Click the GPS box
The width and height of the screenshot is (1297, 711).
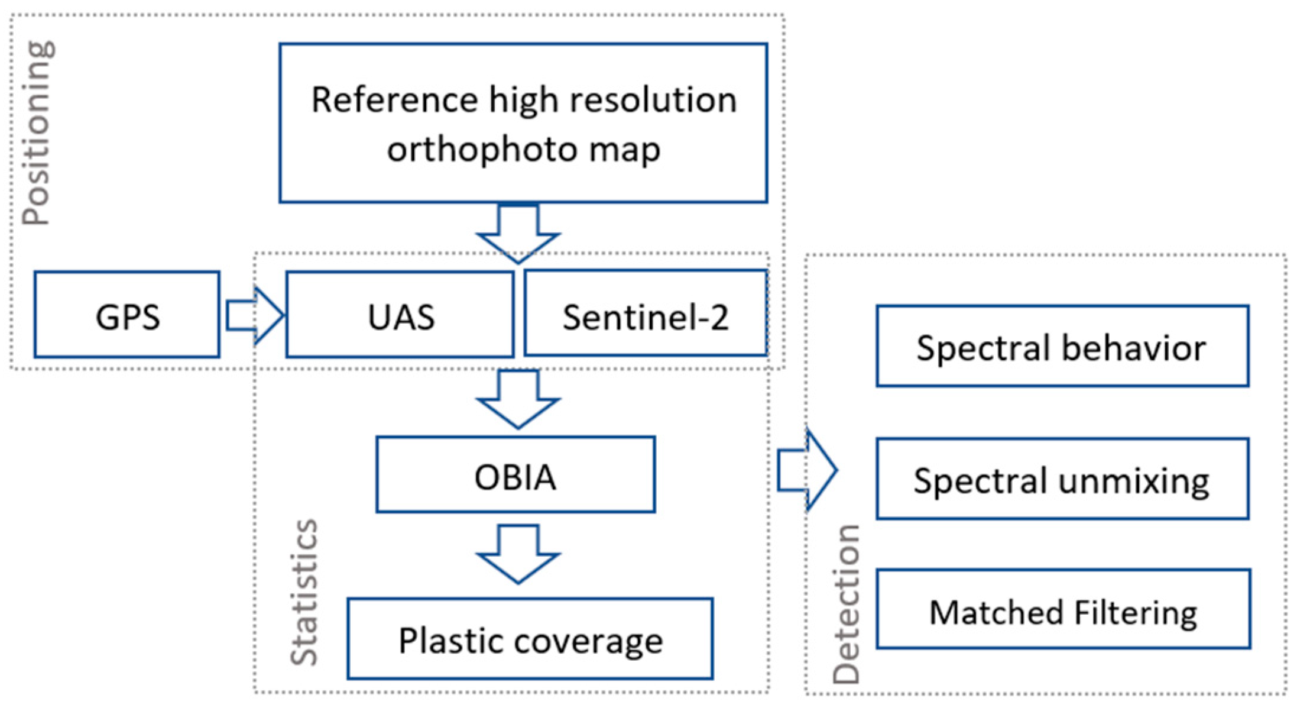(127, 315)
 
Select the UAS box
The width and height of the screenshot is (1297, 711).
(400, 315)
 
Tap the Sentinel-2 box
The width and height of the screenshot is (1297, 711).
(646, 314)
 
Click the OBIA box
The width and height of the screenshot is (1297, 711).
(515, 474)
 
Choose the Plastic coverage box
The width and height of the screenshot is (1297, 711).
(530, 639)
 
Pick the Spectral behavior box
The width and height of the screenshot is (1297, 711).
(1062, 346)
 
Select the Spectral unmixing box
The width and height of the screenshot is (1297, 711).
(1062, 479)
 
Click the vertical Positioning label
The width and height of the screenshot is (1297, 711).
(37, 133)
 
